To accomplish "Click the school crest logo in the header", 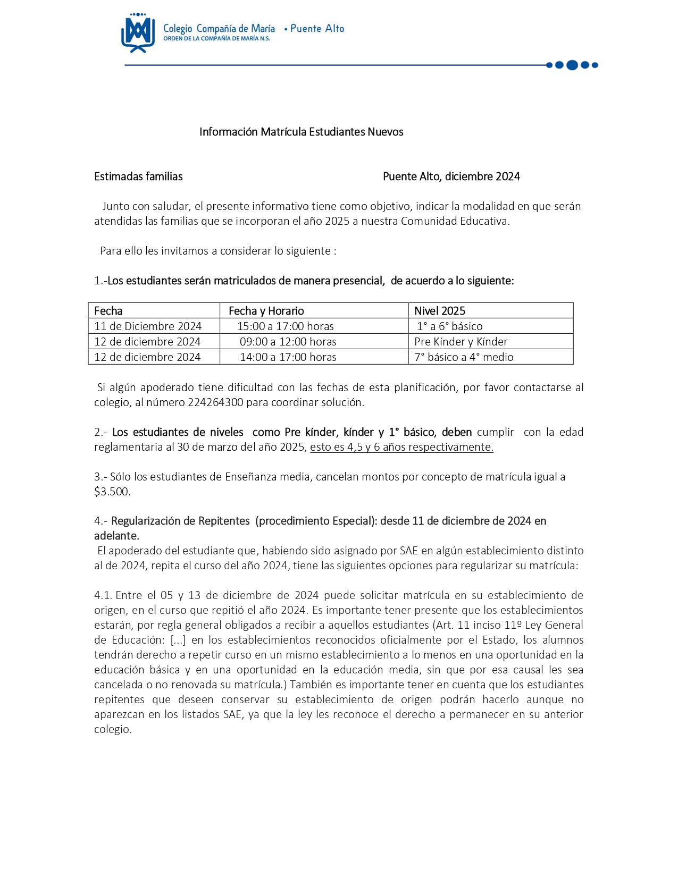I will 138,33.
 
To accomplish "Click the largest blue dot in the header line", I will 572,65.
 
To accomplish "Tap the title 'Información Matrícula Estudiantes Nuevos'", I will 301,132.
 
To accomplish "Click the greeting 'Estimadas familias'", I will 138,176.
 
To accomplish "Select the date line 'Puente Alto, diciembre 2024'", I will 451,176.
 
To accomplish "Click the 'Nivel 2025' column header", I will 439,311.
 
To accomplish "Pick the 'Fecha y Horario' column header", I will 266,311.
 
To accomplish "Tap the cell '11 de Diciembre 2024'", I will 148,326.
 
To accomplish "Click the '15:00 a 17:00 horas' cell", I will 286,326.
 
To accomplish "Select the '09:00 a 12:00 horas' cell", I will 288,342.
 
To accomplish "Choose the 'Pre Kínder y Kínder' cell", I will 461,342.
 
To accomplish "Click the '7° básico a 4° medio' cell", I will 464,357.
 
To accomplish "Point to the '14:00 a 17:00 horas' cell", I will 288,357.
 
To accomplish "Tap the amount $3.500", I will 112,492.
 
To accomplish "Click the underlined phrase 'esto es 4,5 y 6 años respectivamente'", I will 401,447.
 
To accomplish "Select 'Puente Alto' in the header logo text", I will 317,29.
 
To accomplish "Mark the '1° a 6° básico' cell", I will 450,326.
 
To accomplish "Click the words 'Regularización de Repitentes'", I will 180,521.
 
